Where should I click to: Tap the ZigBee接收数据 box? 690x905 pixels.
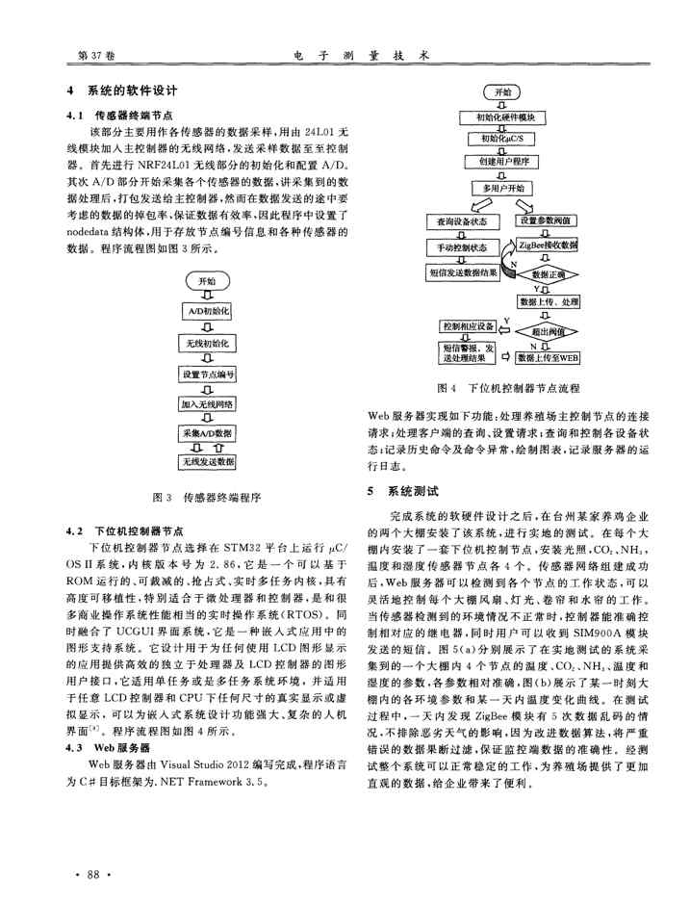pos(548,246)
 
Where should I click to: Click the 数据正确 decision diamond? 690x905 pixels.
pos(548,273)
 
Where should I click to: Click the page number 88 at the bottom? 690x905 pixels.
pos(94,872)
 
